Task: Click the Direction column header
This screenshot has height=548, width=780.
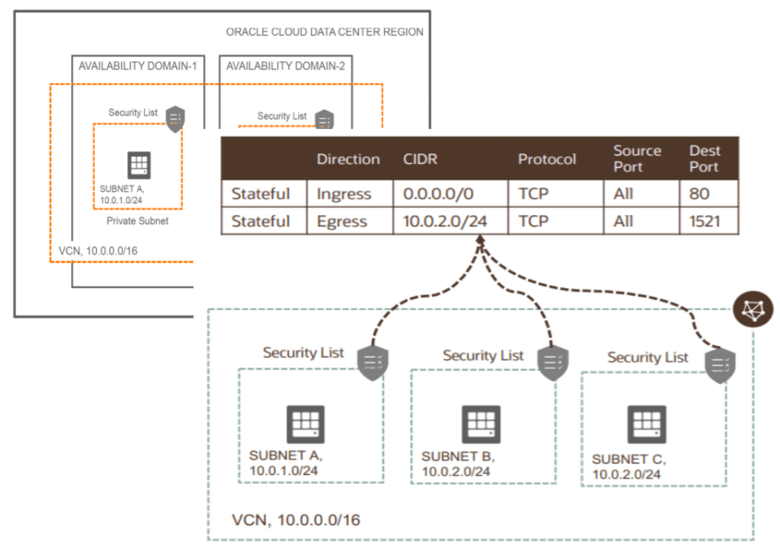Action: coord(348,159)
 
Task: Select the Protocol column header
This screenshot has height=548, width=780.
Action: coord(547,159)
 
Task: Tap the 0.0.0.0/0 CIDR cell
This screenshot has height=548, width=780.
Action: coord(438,194)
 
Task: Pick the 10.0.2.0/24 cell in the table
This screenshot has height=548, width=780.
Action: coord(446,221)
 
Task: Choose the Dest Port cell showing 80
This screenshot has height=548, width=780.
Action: coord(699,194)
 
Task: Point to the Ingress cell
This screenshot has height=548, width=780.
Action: coord(344,194)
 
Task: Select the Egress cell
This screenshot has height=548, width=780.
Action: coord(342,221)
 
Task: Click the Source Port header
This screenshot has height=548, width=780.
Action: coord(637,159)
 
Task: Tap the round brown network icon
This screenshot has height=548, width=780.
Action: coord(753,308)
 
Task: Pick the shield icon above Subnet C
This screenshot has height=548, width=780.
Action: coord(719,365)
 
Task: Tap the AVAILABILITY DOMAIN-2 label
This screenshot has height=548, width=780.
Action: coord(285,66)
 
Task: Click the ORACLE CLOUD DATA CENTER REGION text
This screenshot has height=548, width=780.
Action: coord(324,32)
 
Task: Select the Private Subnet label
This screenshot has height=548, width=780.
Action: coord(137,220)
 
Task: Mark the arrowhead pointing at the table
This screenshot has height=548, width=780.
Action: coord(480,241)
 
